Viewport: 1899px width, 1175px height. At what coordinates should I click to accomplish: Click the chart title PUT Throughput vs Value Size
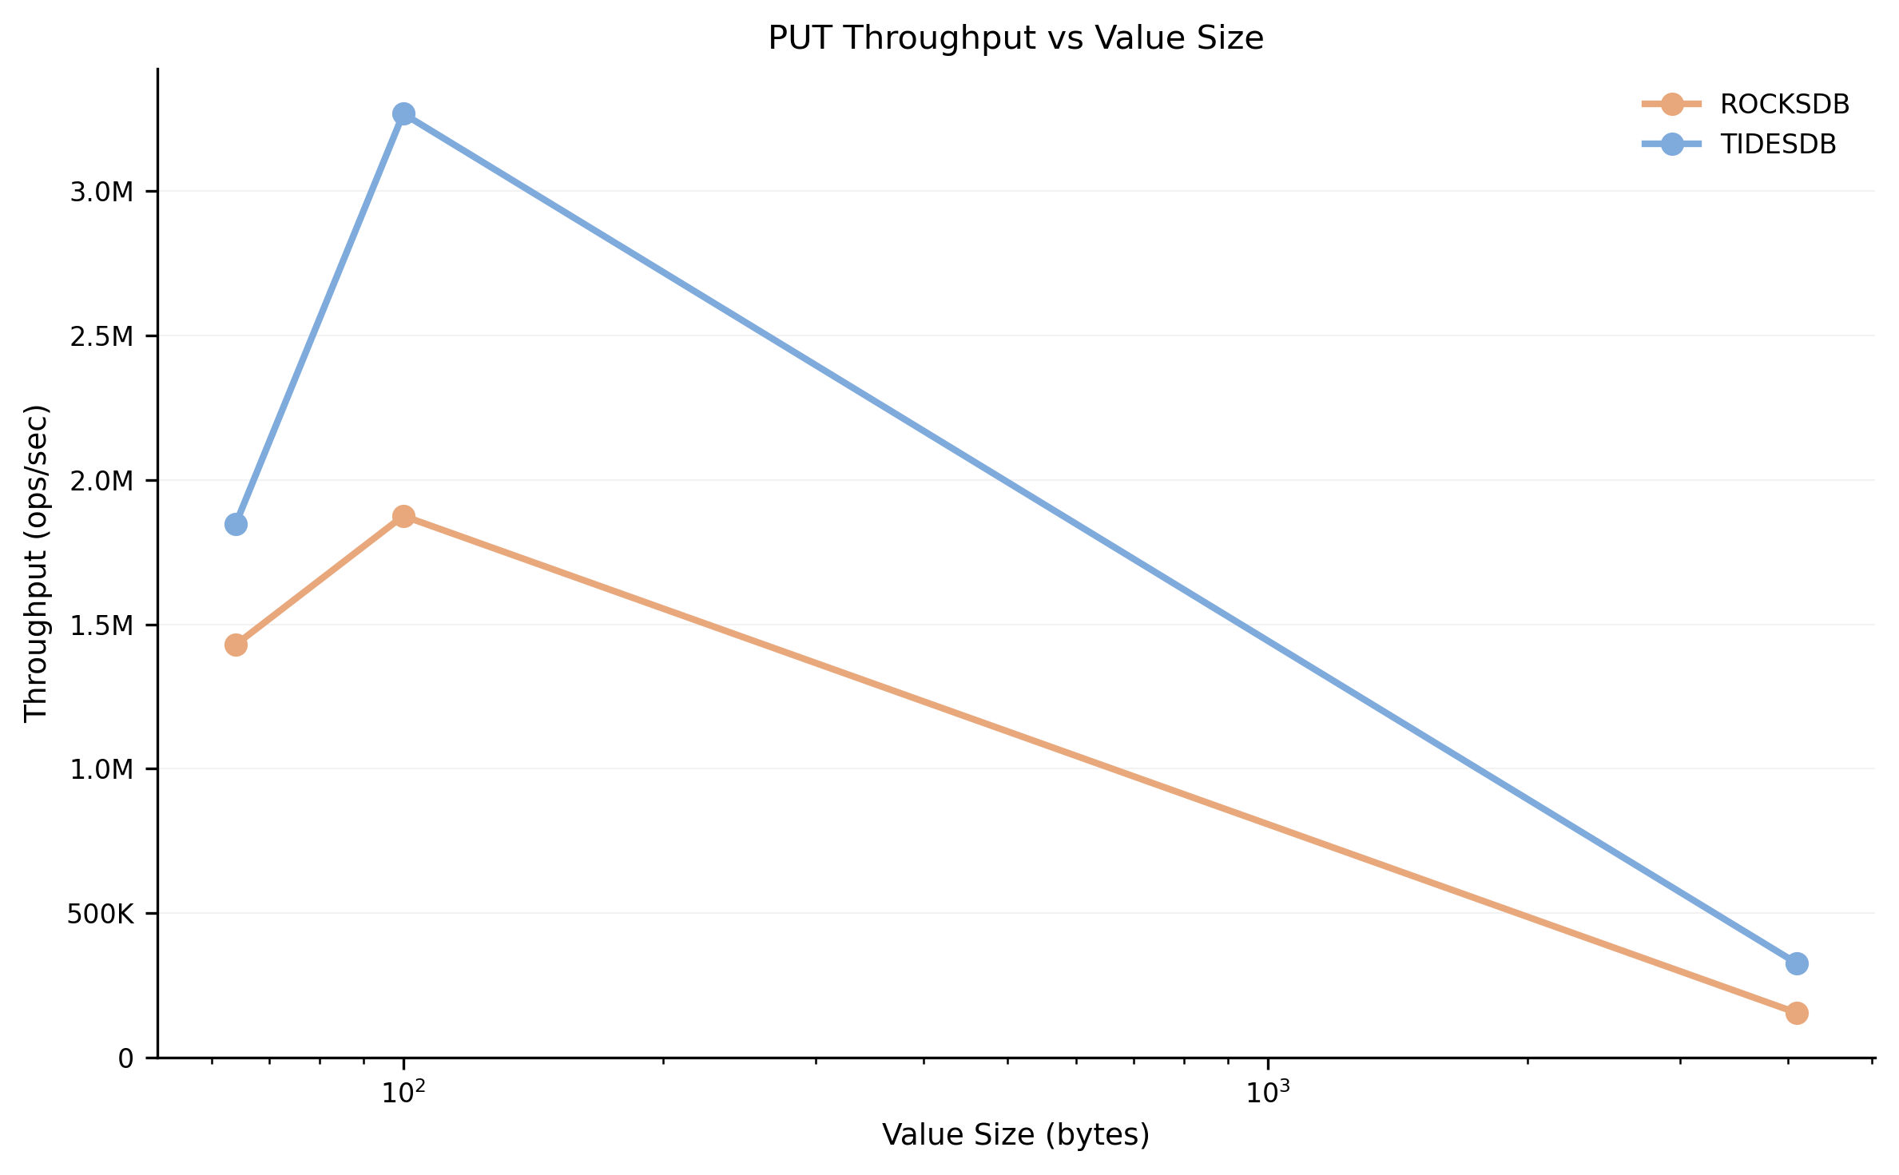pos(1015,38)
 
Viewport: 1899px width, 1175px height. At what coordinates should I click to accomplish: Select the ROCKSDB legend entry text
pos(1784,105)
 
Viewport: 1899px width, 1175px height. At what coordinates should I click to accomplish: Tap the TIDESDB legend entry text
pos(1778,145)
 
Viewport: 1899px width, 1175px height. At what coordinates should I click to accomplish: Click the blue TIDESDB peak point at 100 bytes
pos(403,114)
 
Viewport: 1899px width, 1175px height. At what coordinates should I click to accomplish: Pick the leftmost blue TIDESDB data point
pos(236,525)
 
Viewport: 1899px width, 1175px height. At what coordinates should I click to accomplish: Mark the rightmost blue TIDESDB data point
pos(1796,964)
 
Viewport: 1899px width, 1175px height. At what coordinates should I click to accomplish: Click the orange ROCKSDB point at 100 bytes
pos(403,517)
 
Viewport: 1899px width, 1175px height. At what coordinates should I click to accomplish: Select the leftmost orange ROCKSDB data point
pos(236,645)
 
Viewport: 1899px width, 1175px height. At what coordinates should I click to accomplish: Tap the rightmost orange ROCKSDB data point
pos(1796,1014)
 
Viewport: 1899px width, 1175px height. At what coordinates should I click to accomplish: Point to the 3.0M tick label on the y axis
pos(101,193)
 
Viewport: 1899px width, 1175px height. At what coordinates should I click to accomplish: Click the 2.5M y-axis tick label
pos(101,337)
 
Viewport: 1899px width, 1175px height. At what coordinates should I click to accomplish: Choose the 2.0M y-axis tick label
pos(101,482)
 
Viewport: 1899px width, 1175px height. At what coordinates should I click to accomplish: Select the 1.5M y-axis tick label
pos(101,626)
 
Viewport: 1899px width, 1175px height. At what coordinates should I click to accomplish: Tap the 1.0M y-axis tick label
pos(101,770)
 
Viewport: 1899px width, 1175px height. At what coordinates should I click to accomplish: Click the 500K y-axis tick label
pos(100,915)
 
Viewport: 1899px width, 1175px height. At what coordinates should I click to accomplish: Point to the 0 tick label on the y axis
pos(125,1059)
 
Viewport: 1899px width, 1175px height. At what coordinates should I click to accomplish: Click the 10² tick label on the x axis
pos(403,1093)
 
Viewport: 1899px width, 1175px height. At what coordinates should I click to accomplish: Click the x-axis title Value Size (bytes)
pos(1015,1135)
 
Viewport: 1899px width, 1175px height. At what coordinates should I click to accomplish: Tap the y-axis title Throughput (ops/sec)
pos(37,563)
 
